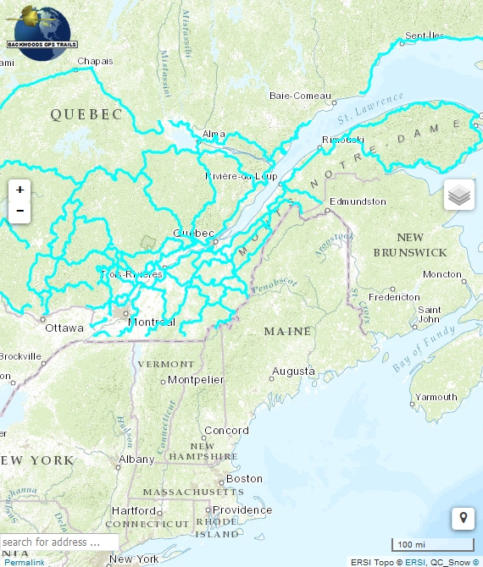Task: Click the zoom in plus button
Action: (19, 190)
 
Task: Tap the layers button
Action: (458, 195)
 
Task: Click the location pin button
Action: (463, 518)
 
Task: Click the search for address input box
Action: (59, 542)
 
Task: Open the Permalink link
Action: (23, 562)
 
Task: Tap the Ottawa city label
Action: (64, 328)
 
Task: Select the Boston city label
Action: (245, 478)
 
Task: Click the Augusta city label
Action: (293, 372)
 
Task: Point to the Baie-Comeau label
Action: (299, 96)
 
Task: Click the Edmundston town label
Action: (358, 201)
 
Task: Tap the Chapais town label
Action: (94, 61)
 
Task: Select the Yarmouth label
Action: (436, 397)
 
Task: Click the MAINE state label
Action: (287, 331)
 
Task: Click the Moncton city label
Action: (442, 274)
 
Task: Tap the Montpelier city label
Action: (196, 380)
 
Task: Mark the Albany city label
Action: (136, 460)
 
